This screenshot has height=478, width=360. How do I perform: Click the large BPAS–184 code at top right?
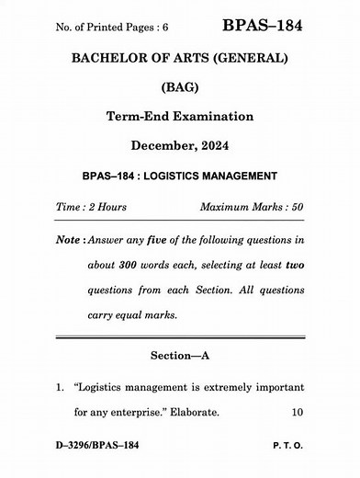[x=262, y=21]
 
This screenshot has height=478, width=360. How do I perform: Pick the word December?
[x=164, y=146]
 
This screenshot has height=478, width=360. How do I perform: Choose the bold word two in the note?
[x=295, y=267]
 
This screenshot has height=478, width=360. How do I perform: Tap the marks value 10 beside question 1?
[x=298, y=413]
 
